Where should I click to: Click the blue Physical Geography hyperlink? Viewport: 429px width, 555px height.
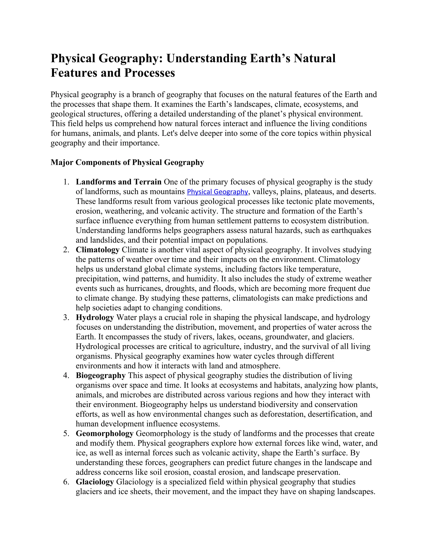coord(217,192)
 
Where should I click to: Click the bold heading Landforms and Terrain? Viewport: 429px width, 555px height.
coord(119,182)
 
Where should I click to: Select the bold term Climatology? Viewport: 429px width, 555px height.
coord(98,250)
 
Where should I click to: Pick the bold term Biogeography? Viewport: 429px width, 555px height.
coord(101,375)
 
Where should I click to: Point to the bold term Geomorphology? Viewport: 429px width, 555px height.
coord(105,433)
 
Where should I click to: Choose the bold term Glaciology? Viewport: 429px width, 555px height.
coord(95,482)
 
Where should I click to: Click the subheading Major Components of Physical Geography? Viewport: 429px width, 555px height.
coord(127,162)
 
